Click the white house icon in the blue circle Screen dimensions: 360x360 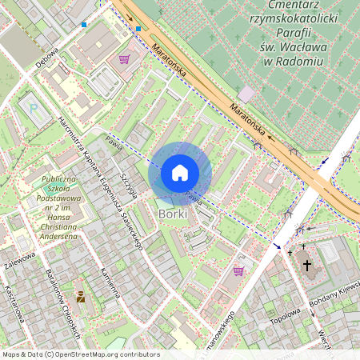[x=180, y=173]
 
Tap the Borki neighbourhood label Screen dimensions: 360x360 [x=174, y=214]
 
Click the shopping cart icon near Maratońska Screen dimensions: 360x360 [x=124, y=58]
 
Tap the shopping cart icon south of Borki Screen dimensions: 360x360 [x=238, y=271]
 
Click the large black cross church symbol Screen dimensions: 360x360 [x=306, y=265]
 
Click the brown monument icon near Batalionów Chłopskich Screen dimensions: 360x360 [x=80, y=297]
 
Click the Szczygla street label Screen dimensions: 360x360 [x=129, y=185]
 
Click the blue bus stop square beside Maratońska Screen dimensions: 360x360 [x=138, y=29]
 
